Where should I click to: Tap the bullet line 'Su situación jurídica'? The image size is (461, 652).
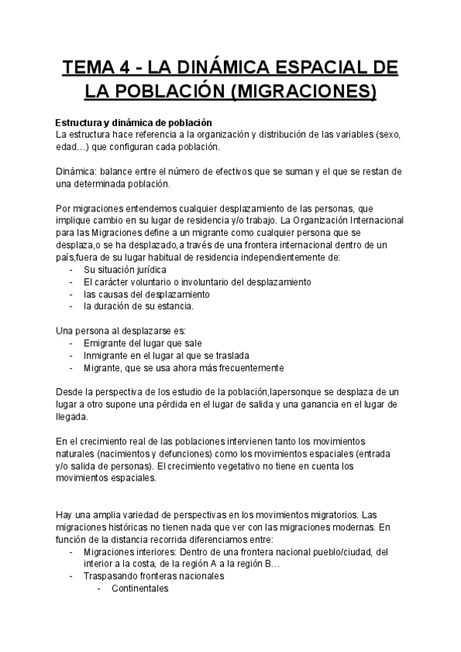tap(124, 269)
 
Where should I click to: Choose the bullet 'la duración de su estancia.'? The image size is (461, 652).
tap(139, 306)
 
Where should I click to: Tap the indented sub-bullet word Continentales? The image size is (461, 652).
tap(140, 588)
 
